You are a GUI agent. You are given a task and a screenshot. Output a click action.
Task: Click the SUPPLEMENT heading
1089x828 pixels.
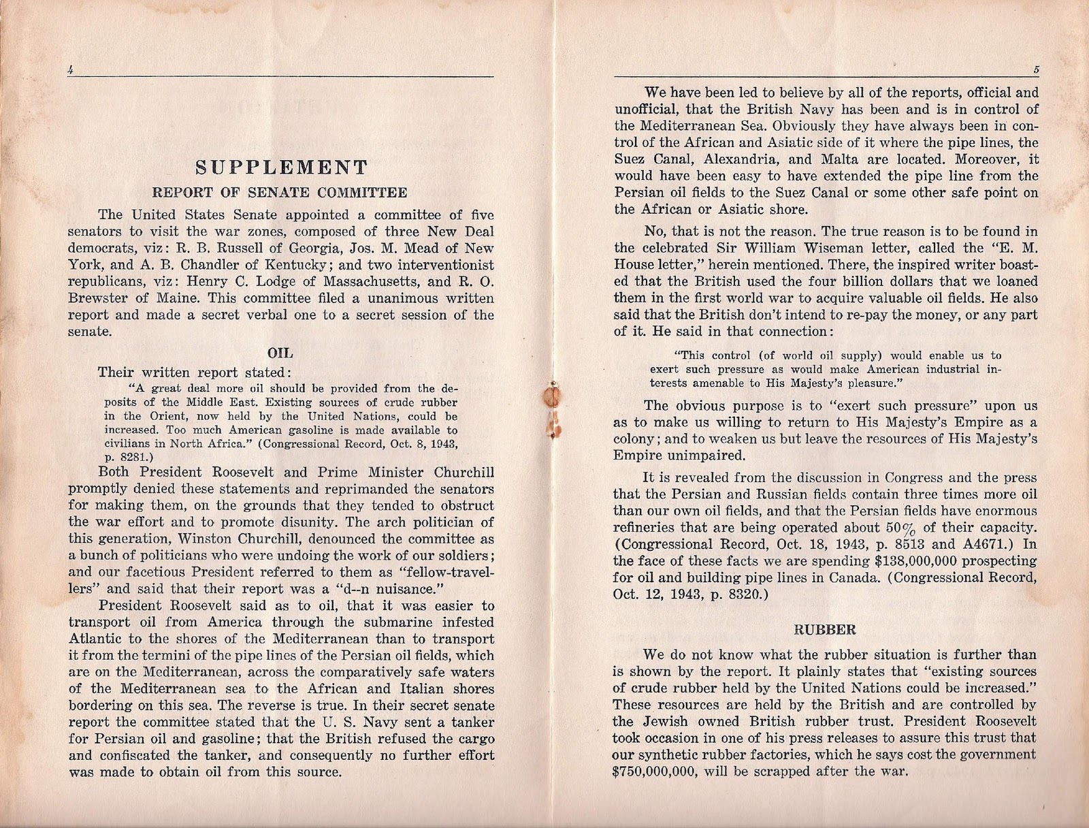pos(281,168)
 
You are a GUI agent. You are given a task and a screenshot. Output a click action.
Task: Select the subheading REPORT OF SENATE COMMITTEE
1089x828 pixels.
pos(280,193)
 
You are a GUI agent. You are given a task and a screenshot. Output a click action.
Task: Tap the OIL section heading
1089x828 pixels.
pos(281,353)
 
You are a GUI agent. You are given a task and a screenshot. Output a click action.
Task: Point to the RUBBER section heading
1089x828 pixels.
pos(826,629)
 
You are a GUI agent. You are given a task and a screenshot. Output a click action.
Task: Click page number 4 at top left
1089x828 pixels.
pos(70,69)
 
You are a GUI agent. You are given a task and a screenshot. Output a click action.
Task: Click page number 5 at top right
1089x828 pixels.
pos(1035,69)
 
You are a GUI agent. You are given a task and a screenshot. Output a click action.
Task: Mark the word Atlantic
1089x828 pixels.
pos(99,639)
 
